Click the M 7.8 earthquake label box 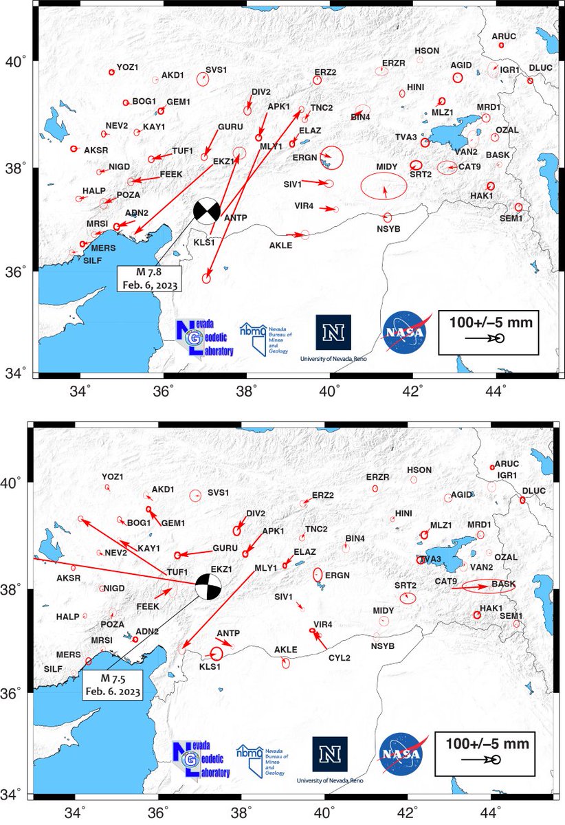(x=149, y=278)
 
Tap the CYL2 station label (x=340, y=658)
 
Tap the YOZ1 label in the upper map (x=127, y=67)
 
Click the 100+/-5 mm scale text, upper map (x=491, y=321)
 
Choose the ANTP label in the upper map (x=235, y=219)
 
